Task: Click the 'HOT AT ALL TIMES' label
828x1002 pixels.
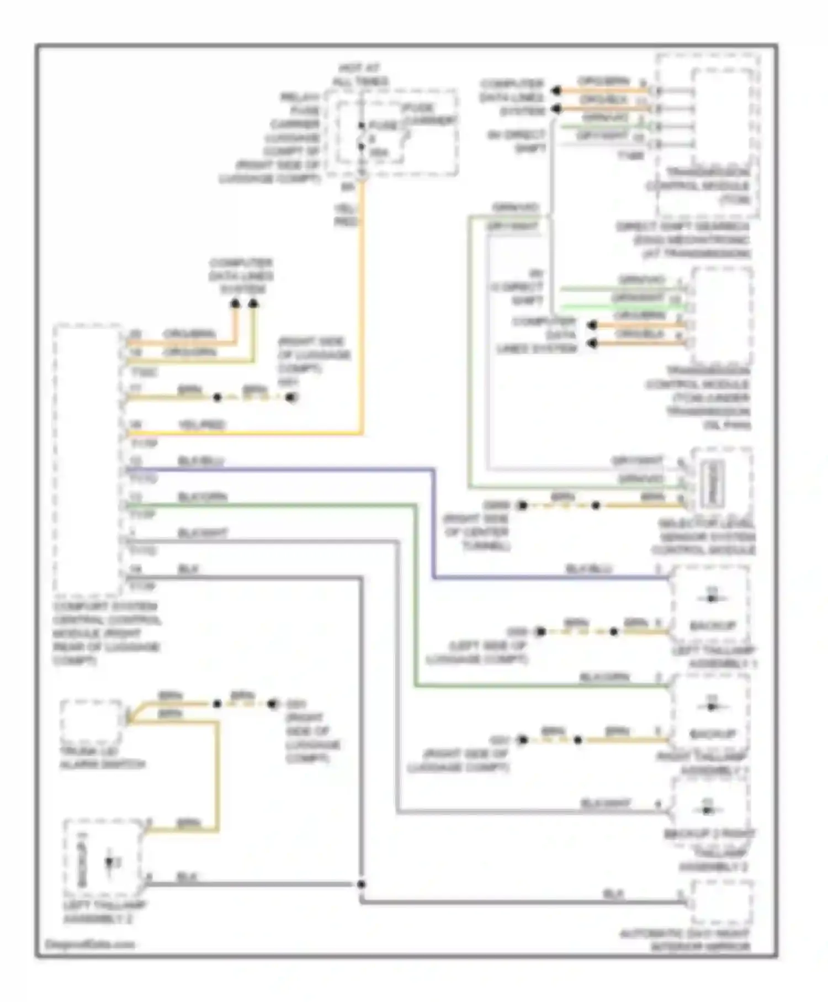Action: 360,75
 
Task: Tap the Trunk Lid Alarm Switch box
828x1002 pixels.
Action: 92,720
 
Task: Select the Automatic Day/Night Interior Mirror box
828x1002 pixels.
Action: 722,903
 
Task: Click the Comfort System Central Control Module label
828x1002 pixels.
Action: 107,633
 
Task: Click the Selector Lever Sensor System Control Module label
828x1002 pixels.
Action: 704,537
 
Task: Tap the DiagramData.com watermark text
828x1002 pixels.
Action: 89,944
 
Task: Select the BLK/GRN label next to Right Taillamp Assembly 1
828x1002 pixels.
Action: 604,677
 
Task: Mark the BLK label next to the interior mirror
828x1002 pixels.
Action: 613,894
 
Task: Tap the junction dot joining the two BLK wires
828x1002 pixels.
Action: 361,884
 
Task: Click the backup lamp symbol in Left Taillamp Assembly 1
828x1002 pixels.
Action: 712,598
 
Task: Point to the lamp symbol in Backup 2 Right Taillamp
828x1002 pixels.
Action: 709,810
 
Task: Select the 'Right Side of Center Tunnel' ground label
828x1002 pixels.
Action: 476,532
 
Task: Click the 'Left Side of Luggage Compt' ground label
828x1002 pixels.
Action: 478,652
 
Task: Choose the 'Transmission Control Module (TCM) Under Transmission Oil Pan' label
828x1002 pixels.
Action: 698,398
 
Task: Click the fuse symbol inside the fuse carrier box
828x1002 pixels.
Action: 362,136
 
